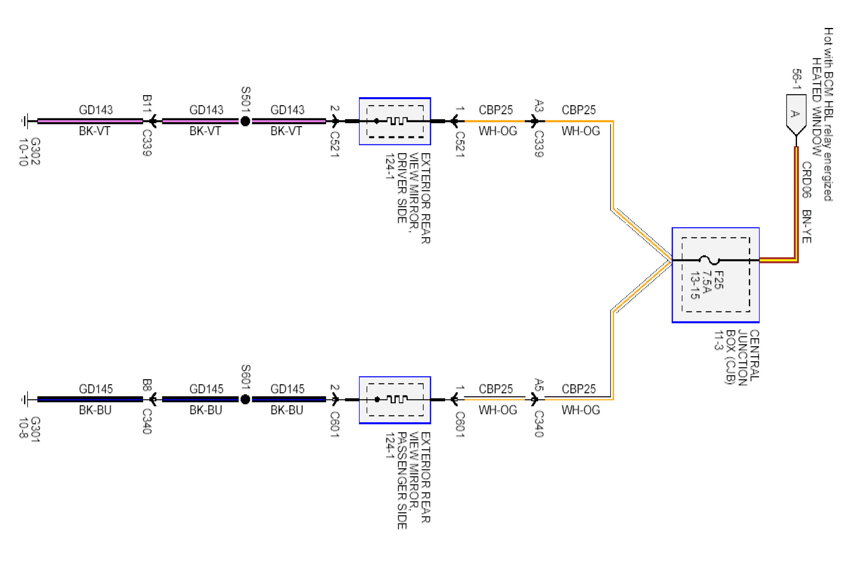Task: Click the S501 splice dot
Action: click(245, 121)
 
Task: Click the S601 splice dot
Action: click(245, 399)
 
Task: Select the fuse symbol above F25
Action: click(709, 260)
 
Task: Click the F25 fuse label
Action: click(719, 280)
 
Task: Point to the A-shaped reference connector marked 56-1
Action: click(795, 114)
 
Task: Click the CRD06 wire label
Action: click(807, 180)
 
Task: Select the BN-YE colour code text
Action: click(807, 226)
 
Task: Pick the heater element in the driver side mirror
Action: click(397, 121)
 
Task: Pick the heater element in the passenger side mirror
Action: click(397, 399)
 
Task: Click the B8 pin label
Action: click(147, 385)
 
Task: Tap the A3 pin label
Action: click(539, 106)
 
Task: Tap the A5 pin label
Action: click(539, 385)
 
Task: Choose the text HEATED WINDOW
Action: click(816, 106)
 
